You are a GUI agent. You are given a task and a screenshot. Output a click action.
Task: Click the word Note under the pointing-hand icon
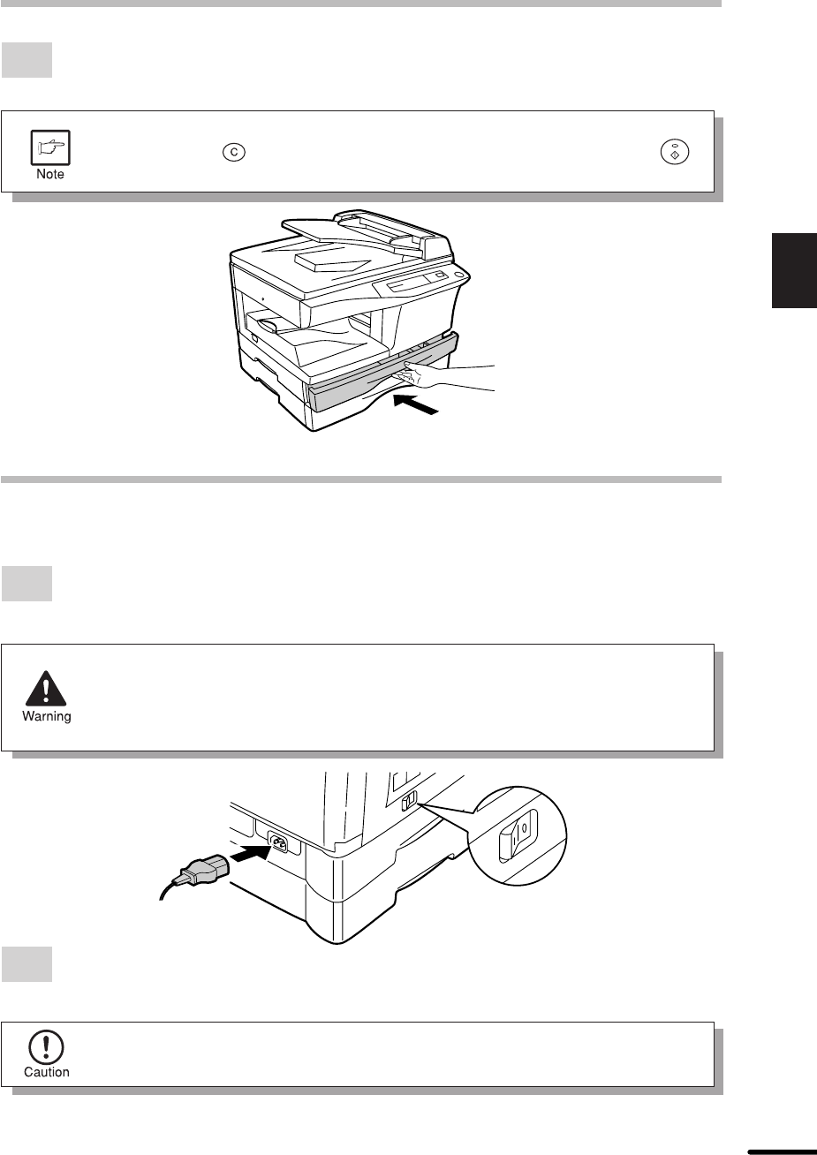click(x=50, y=174)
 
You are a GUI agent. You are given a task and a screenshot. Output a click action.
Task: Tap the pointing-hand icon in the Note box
click(x=50, y=147)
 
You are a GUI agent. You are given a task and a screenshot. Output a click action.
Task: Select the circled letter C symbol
click(x=234, y=152)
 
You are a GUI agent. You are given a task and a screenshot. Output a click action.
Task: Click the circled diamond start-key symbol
click(x=675, y=152)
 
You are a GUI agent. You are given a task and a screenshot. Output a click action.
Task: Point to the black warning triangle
click(x=46, y=689)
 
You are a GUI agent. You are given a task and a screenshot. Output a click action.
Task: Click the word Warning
click(x=47, y=716)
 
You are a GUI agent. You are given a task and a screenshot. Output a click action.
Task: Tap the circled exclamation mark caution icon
click(x=46, y=1047)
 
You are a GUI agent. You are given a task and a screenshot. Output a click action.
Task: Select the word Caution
click(x=47, y=1072)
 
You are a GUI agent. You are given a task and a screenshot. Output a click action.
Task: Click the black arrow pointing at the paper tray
click(x=416, y=404)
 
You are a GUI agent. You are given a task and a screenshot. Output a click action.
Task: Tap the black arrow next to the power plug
click(x=250, y=855)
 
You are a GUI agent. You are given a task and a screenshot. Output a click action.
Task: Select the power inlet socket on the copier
click(x=277, y=844)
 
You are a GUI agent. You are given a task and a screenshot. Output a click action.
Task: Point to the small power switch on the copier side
click(x=409, y=800)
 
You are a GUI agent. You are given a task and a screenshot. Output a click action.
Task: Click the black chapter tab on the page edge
click(x=794, y=271)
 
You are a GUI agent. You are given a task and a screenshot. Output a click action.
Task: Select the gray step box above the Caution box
click(x=26, y=964)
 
